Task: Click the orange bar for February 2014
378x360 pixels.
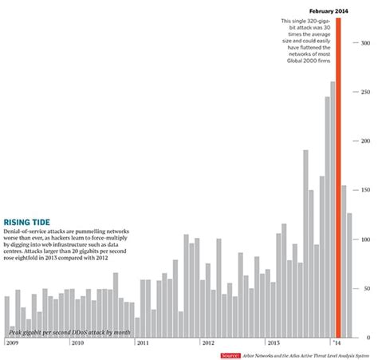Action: [339, 176]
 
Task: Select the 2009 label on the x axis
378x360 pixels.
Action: [12, 342]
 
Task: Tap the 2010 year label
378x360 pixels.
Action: [77, 342]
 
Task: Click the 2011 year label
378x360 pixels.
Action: [142, 342]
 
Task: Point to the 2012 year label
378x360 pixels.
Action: [207, 342]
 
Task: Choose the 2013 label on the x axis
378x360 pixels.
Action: [273, 342]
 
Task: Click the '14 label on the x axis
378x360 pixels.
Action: [337, 342]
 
